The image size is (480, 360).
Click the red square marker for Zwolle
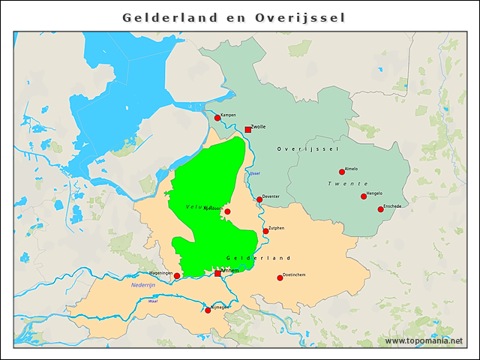[247, 130]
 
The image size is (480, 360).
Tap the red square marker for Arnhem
[217, 274]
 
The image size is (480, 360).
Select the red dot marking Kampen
[217, 118]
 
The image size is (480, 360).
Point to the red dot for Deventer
[259, 199]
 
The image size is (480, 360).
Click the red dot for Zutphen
[265, 231]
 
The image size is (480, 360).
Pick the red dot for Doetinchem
[280, 278]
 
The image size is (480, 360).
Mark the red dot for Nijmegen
[208, 310]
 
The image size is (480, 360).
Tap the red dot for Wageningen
[177, 276]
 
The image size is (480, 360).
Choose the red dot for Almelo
[342, 172]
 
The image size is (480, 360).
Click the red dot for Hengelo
[364, 196]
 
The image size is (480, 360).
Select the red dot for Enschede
[380, 209]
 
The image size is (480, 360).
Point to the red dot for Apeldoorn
[227, 211]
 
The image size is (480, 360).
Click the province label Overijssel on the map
[304, 149]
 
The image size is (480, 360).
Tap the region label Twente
[348, 184]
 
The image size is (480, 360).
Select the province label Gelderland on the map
[258, 258]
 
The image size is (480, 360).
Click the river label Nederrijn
[142, 285]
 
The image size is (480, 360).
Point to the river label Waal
[153, 301]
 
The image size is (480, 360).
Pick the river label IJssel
[254, 174]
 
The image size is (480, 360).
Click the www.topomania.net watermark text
[424, 341]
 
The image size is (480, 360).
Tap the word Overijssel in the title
[300, 17]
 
